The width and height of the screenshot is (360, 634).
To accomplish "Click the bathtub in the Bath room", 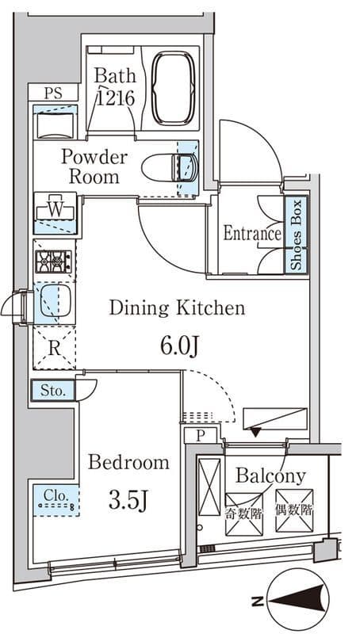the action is pyautogui.click(x=174, y=87).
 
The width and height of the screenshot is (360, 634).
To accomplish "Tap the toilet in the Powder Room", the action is pyautogui.click(x=170, y=167).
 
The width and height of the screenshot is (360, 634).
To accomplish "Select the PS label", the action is pyautogui.click(x=53, y=94).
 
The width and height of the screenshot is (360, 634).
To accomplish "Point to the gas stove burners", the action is pyautogui.click(x=54, y=262).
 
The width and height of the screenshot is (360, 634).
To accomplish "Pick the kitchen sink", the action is pyautogui.click(x=55, y=300).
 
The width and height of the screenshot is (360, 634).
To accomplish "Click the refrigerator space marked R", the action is pyautogui.click(x=54, y=349).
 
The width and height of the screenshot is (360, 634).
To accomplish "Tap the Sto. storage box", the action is pyautogui.click(x=53, y=391).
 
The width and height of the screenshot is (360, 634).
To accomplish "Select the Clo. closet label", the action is pyautogui.click(x=56, y=495).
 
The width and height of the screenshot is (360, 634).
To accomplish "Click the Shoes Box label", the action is pyautogui.click(x=297, y=235).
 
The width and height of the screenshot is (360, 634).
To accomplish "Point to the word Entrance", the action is pyautogui.click(x=252, y=234).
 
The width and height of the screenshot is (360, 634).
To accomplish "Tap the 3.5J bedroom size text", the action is pyautogui.click(x=127, y=502).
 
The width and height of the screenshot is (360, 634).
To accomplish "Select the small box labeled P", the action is pyautogui.click(x=201, y=435).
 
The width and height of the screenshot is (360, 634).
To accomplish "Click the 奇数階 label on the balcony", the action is pyautogui.click(x=244, y=514).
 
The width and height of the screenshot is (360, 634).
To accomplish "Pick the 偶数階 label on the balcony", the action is pyautogui.click(x=294, y=510).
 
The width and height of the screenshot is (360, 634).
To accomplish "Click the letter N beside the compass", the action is pyautogui.click(x=256, y=602).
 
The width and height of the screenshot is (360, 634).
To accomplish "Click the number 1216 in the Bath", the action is pyautogui.click(x=115, y=97).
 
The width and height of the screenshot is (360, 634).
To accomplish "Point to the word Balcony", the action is pyautogui.click(x=270, y=477).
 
